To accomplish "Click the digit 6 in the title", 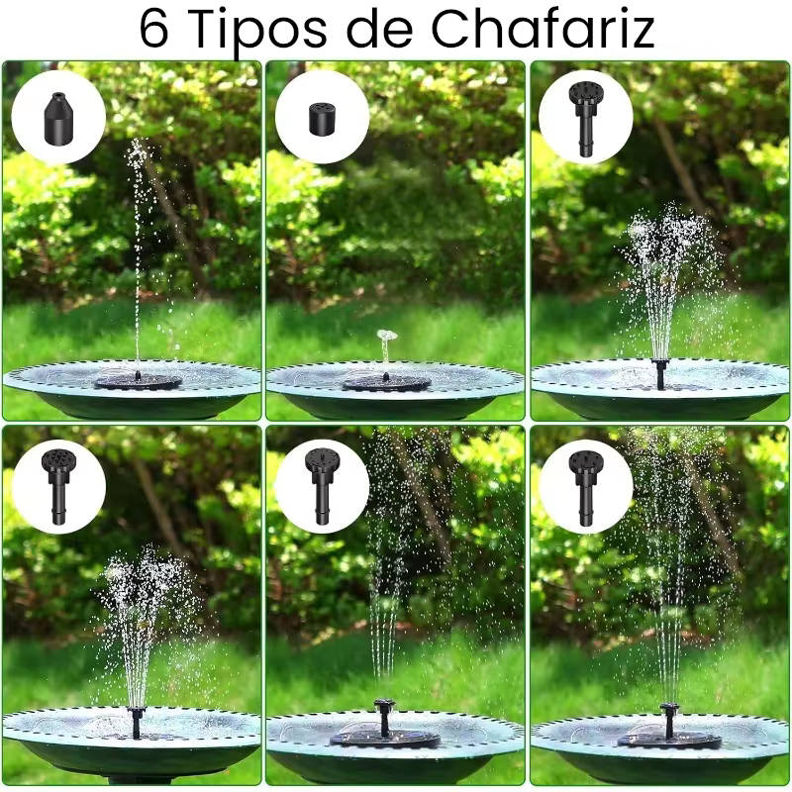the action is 153,30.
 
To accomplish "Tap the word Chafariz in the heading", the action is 543,30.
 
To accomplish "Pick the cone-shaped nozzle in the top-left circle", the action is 59,117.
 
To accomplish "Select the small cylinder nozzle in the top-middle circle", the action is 322,119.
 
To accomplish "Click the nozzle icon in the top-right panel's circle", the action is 585,119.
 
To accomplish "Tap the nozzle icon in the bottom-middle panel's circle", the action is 322,486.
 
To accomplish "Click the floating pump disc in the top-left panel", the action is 138,381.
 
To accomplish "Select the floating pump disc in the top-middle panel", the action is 386,382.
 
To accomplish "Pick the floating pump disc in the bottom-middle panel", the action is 385,739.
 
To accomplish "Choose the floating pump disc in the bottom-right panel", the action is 670,740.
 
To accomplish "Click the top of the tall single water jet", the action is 138,143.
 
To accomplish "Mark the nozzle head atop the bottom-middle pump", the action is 384,704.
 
